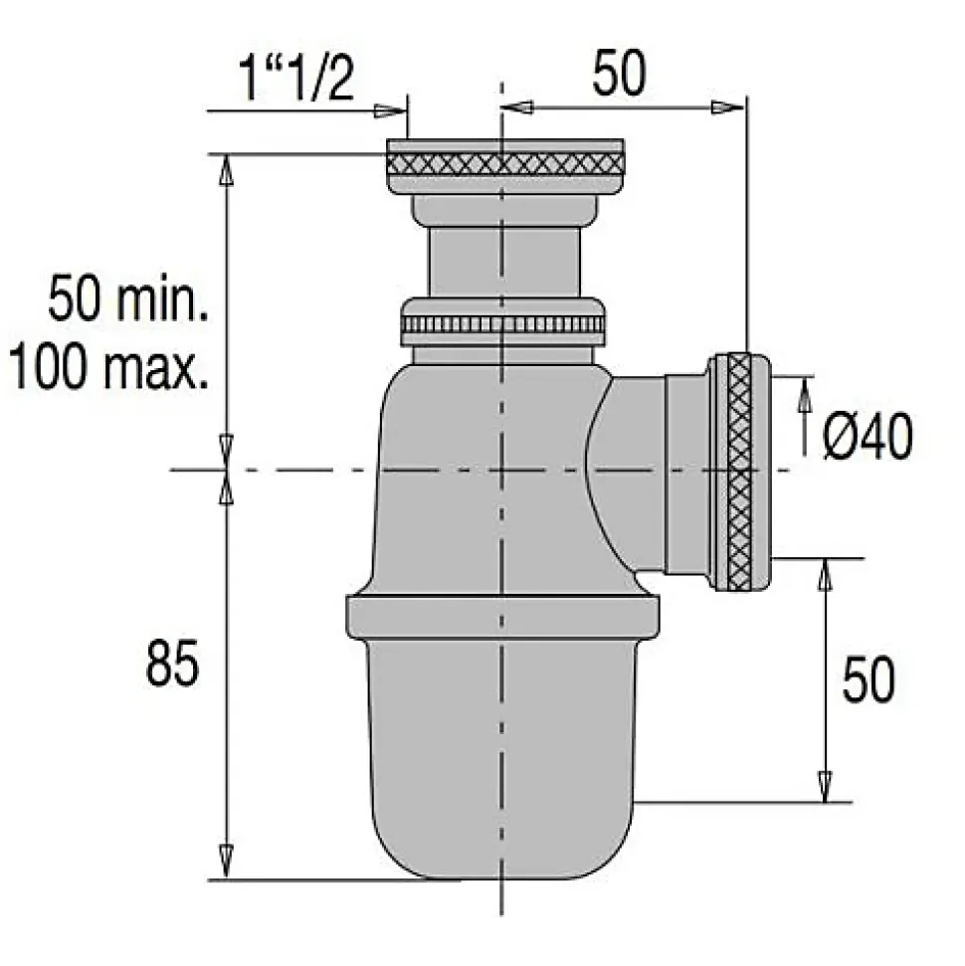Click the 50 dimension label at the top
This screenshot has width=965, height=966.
click(x=618, y=75)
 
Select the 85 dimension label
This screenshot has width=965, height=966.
click(x=172, y=664)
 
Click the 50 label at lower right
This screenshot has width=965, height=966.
click(x=868, y=680)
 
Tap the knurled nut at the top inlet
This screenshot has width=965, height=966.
click(x=504, y=165)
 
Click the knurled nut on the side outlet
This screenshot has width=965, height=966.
click(x=739, y=471)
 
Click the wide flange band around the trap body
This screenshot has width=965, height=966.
click(x=502, y=616)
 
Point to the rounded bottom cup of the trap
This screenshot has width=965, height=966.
click(x=502, y=766)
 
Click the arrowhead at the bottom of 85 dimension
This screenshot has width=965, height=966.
click(x=227, y=862)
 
